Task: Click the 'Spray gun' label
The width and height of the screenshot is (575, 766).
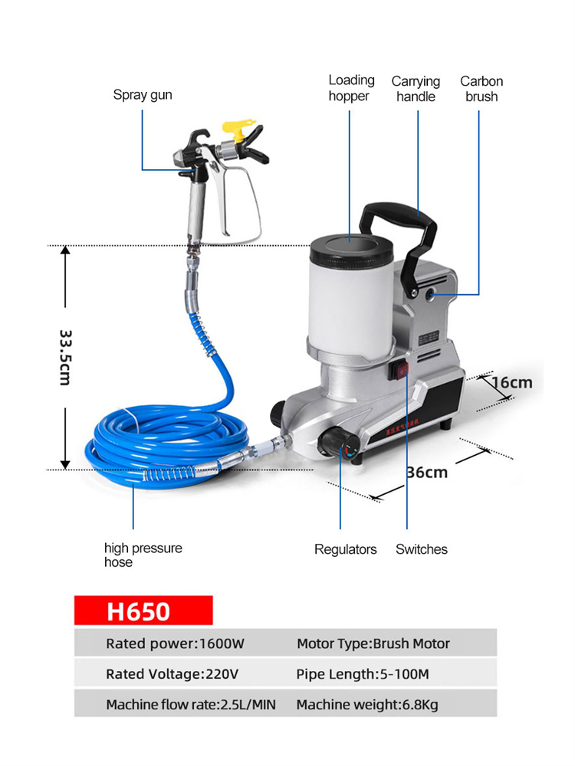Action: pyautogui.click(x=143, y=95)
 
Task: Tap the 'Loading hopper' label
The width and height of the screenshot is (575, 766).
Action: pyautogui.click(x=351, y=88)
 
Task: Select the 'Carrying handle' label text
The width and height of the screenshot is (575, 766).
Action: pyautogui.click(x=416, y=89)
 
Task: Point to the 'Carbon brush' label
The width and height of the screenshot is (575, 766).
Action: pyautogui.click(x=481, y=89)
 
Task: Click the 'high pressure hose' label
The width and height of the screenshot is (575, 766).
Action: pyautogui.click(x=143, y=555)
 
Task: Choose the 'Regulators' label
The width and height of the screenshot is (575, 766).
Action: pyautogui.click(x=345, y=549)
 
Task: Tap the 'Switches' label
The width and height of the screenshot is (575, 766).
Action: pyautogui.click(x=422, y=549)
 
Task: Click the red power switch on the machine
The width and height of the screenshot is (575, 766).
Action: pyautogui.click(x=402, y=371)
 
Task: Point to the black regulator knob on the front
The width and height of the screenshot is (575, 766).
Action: pyautogui.click(x=335, y=440)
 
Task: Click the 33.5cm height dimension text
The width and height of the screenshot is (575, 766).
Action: pyautogui.click(x=66, y=358)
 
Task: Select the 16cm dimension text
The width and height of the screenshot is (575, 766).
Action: pyautogui.click(x=511, y=382)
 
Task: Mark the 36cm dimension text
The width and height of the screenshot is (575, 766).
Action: pyautogui.click(x=427, y=473)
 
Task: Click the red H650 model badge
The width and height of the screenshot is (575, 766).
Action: pyautogui.click(x=143, y=611)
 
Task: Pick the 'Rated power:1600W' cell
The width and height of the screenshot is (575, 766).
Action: pyautogui.click(x=175, y=643)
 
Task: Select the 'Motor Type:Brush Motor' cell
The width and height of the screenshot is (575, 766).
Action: pyautogui.click(x=373, y=643)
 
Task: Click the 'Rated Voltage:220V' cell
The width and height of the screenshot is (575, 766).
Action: pyautogui.click(x=172, y=674)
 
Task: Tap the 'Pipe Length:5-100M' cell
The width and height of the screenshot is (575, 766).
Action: pyautogui.click(x=363, y=674)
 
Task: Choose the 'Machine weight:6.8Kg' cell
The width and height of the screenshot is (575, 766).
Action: pyautogui.click(x=367, y=705)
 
